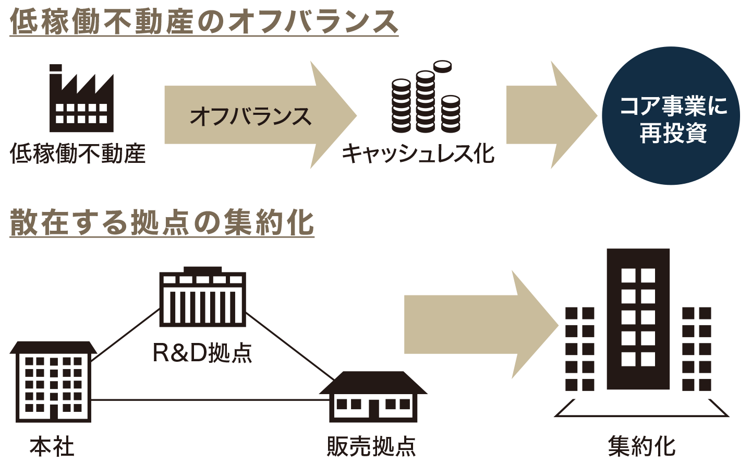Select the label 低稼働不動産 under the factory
pyautogui.click(x=78, y=155)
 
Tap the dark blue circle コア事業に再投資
pyautogui.click(x=671, y=117)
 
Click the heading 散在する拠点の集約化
pyautogui.click(x=162, y=223)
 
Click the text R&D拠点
pyautogui.click(x=202, y=353)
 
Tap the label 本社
pyautogui.click(x=52, y=447)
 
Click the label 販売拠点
pyautogui.click(x=371, y=447)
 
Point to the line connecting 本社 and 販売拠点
pyautogui.click(x=209, y=400)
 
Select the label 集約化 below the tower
pyautogui.click(x=641, y=447)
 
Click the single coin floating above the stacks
pyautogui.click(x=442, y=66)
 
